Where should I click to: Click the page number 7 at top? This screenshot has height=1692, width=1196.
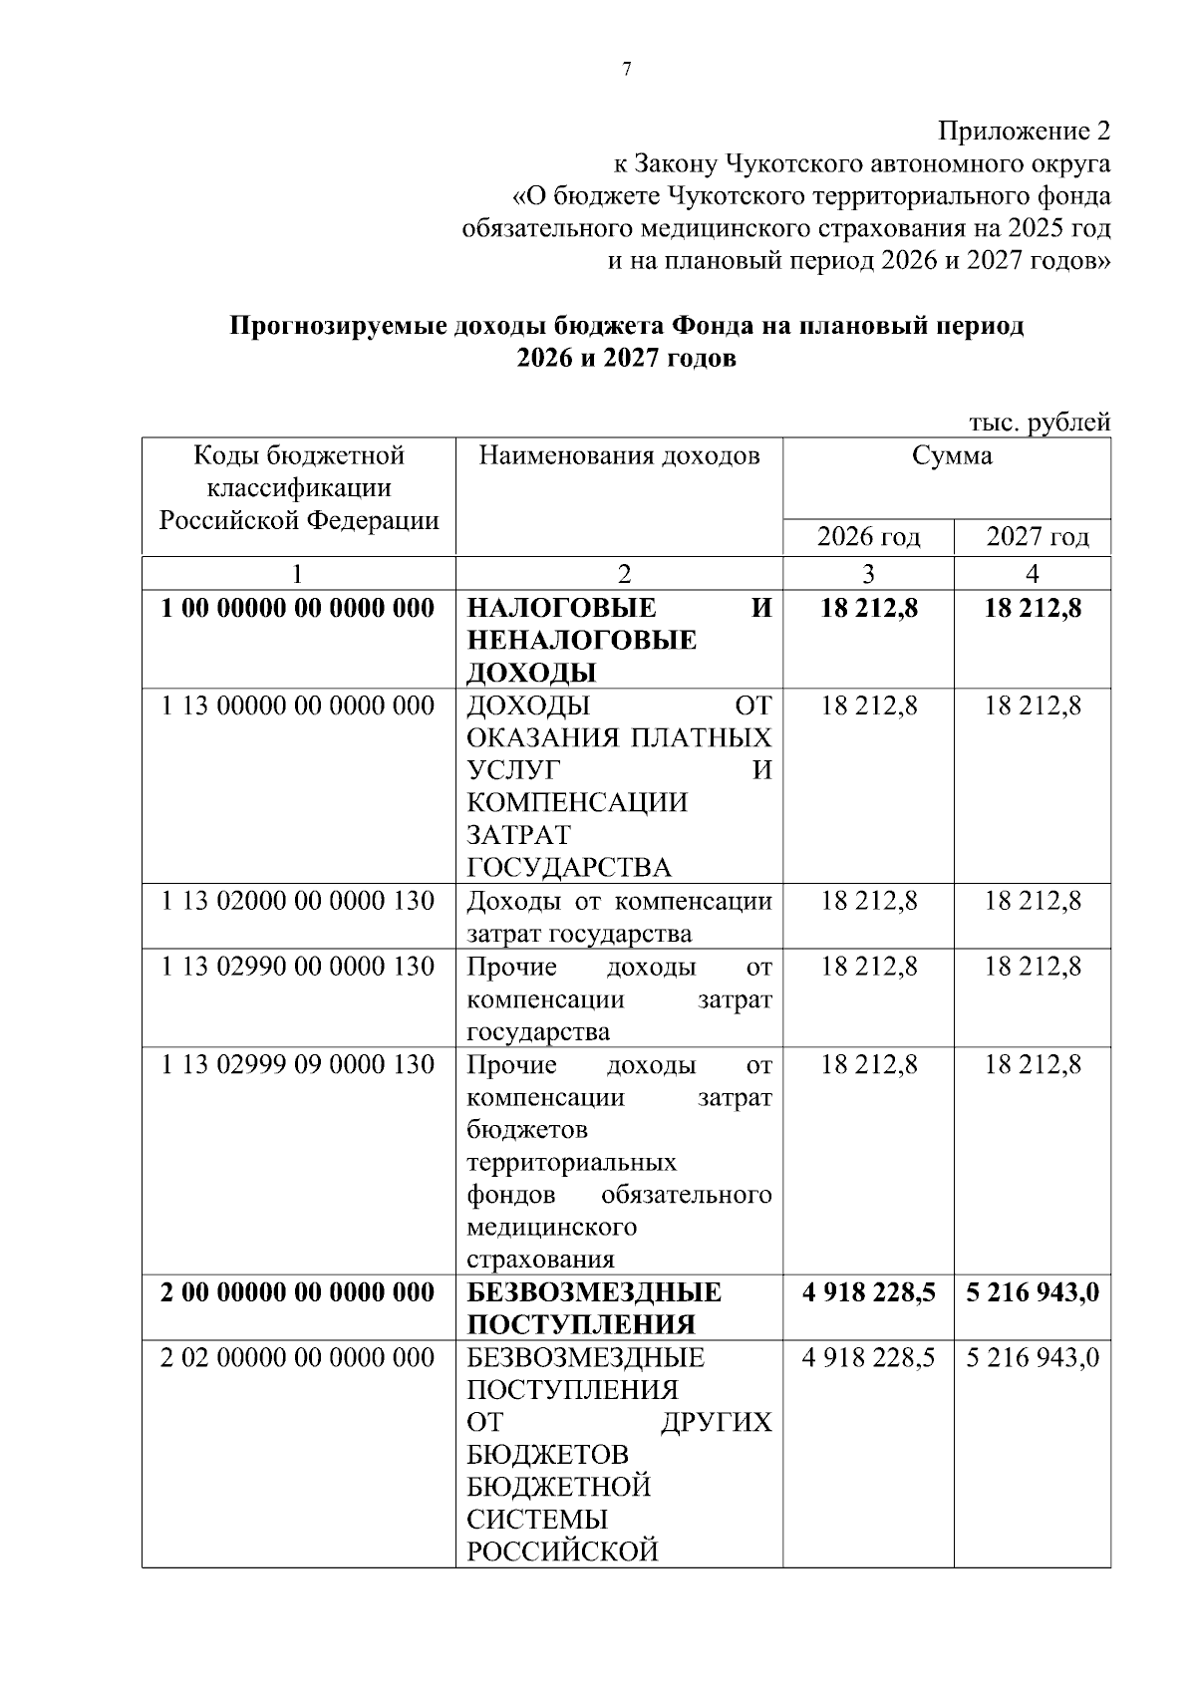pos(626,69)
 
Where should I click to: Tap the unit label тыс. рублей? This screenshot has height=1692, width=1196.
pos(1040,423)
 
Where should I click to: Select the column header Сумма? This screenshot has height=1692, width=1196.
pos(952,456)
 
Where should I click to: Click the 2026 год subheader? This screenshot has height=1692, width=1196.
pos(868,537)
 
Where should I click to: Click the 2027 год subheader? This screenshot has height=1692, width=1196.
pos(1037,537)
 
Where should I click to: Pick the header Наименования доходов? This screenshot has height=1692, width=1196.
pos(619,456)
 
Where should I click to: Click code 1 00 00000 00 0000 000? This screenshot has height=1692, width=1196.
pos(298,608)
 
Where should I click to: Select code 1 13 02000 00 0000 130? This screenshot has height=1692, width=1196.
pos(298,901)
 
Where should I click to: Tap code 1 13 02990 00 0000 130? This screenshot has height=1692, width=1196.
pos(298,967)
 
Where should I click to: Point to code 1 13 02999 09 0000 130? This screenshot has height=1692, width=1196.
pos(298,1065)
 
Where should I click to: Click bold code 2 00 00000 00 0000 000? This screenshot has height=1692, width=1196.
pos(298,1292)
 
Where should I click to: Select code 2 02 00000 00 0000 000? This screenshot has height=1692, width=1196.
pos(298,1358)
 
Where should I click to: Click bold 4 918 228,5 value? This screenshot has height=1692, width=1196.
pos(868,1292)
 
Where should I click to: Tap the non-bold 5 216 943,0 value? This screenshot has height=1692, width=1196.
pos(1033,1358)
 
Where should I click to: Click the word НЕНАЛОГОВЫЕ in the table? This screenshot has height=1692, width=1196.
pos(581,640)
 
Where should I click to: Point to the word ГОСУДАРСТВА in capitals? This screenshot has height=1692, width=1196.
pos(569,867)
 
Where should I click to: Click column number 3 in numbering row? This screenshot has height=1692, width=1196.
pos(868,574)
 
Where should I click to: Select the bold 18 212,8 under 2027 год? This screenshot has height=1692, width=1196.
pos(1033,608)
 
